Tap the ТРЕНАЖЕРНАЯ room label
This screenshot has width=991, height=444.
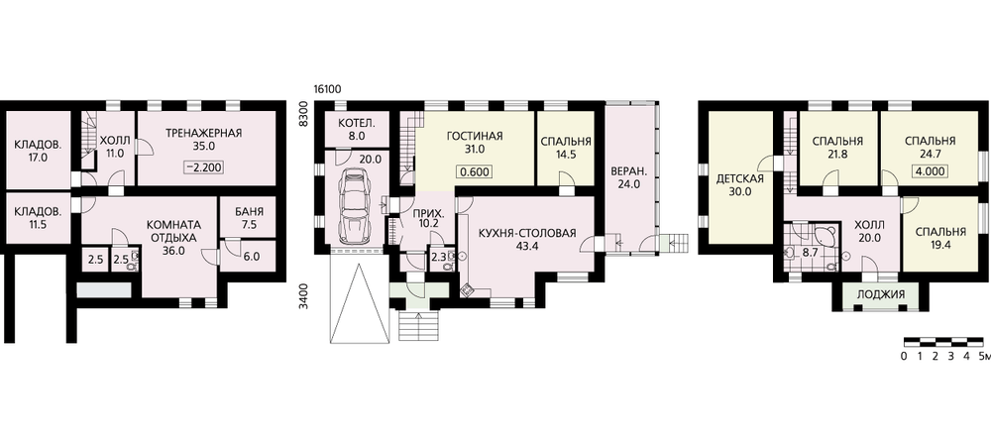click(204, 133)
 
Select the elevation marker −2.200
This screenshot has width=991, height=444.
click(204, 167)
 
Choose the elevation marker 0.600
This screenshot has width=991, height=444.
click(474, 171)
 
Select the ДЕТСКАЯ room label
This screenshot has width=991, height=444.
click(740, 179)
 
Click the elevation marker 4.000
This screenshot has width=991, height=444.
click(930, 170)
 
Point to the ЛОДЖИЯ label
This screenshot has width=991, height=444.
click(880, 294)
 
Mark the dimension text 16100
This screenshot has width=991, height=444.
click(327, 88)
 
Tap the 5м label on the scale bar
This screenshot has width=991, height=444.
click(983, 357)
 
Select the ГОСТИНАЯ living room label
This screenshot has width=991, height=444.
click(474, 136)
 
